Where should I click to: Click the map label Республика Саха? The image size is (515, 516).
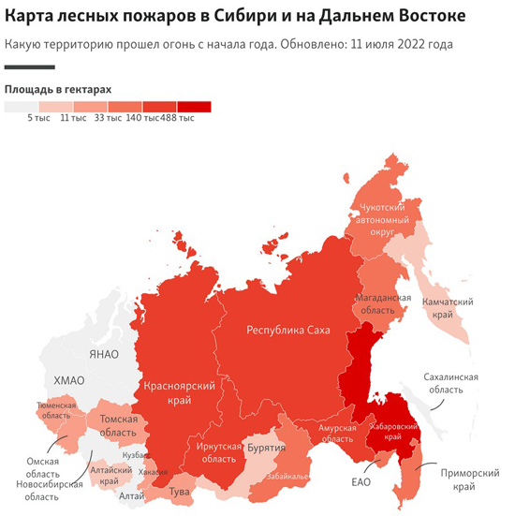tap(287, 330)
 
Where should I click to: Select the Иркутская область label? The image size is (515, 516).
tap(218, 452)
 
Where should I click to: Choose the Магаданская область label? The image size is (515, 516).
tap(382, 302)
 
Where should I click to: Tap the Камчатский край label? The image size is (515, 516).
tap(452, 308)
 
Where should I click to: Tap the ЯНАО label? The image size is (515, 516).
tap(105, 353)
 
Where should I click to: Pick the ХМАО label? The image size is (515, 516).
tap(68, 379)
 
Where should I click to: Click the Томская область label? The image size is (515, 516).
tap(119, 425)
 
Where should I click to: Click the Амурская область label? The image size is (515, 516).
tap(338, 433)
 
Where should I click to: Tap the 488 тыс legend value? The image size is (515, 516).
tap(178, 117)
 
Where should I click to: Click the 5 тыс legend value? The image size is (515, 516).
tap(37, 117)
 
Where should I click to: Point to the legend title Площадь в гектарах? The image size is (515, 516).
tap(58, 89)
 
